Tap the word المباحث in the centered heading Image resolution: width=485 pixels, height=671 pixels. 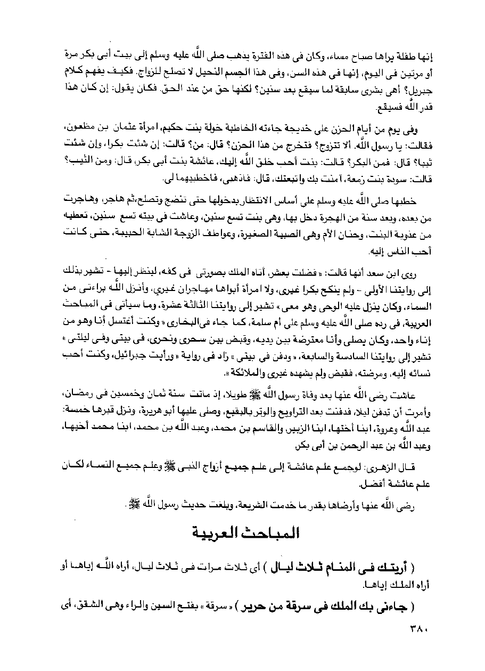(x=268, y=533)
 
